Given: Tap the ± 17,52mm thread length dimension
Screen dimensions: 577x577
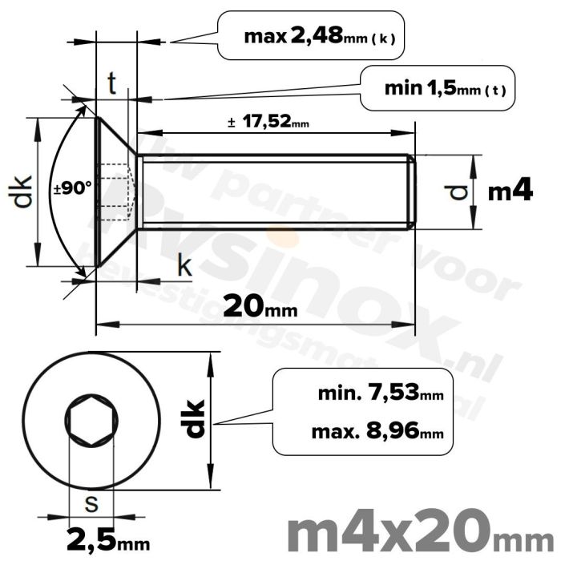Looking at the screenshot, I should [x=268, y=123].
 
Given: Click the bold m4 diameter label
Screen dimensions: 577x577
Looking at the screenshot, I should [x=510, y=192].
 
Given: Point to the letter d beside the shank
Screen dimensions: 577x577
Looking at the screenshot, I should [x=457, y=192].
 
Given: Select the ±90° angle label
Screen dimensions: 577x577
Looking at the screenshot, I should [x=73, y=190].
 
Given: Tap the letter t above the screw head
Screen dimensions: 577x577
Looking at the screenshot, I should [x=113, y=83].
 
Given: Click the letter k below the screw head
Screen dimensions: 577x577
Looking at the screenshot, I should [x=184, y=267].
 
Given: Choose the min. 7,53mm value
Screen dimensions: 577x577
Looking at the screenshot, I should [x=380, y=394].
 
